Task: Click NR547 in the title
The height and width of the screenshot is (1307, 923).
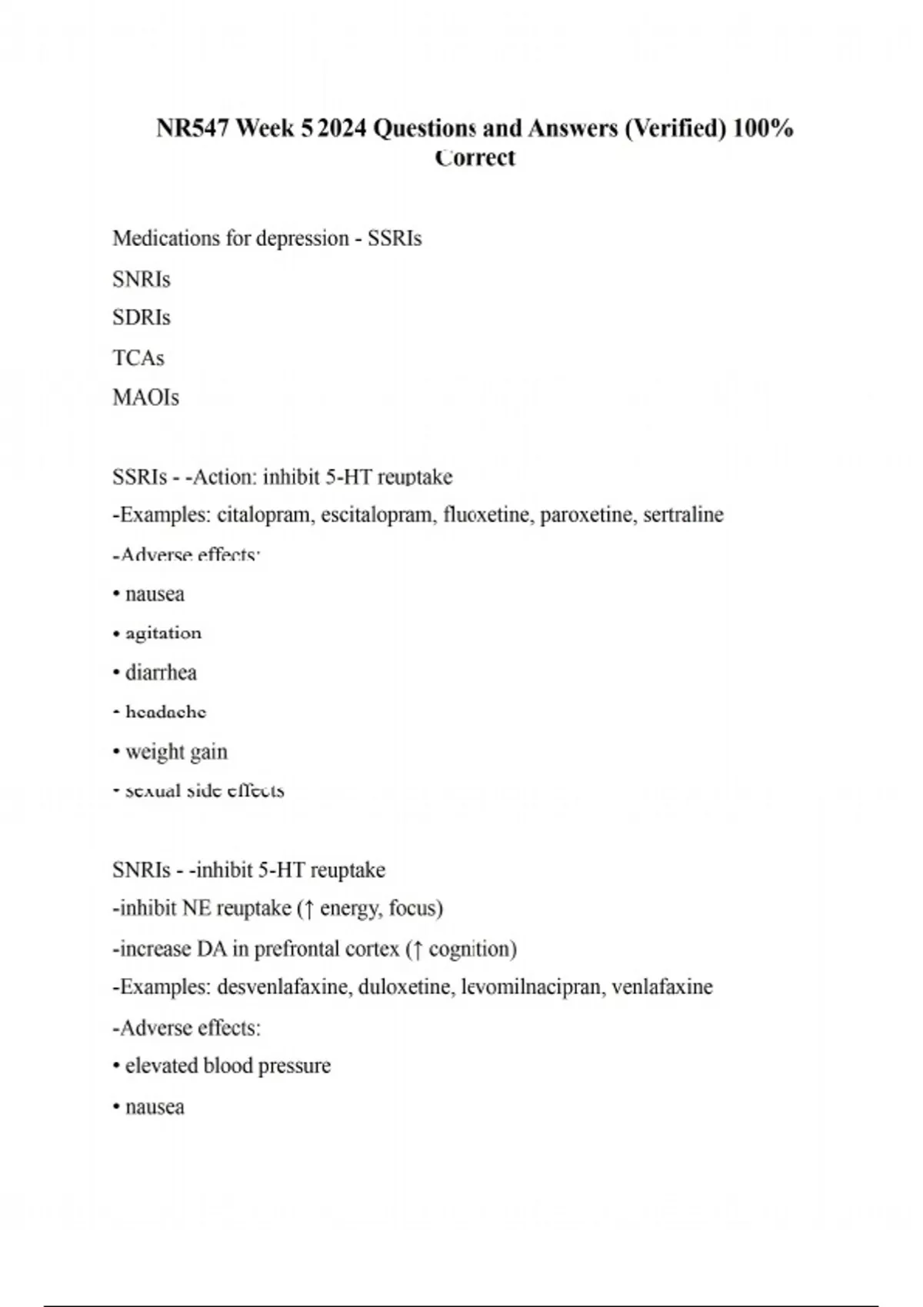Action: [193, 128]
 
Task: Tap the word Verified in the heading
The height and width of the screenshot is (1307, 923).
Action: [675, 128]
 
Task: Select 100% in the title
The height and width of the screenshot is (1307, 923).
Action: [763, 128]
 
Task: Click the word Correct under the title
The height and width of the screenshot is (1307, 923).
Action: [475, 158]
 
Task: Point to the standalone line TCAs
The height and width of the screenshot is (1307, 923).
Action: [138, 358]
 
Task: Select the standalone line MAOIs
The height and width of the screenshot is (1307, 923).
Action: [145, 397]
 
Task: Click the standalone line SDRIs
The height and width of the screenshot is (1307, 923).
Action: [142, 318]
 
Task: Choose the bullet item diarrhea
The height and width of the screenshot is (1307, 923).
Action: [161, 673]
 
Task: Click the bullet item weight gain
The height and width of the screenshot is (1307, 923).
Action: [176, 752]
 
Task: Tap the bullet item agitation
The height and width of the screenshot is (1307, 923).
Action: [163, 634]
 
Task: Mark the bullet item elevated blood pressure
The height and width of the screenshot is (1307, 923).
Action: [228, 1066]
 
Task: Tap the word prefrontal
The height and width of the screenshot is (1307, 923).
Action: [297, 949]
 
